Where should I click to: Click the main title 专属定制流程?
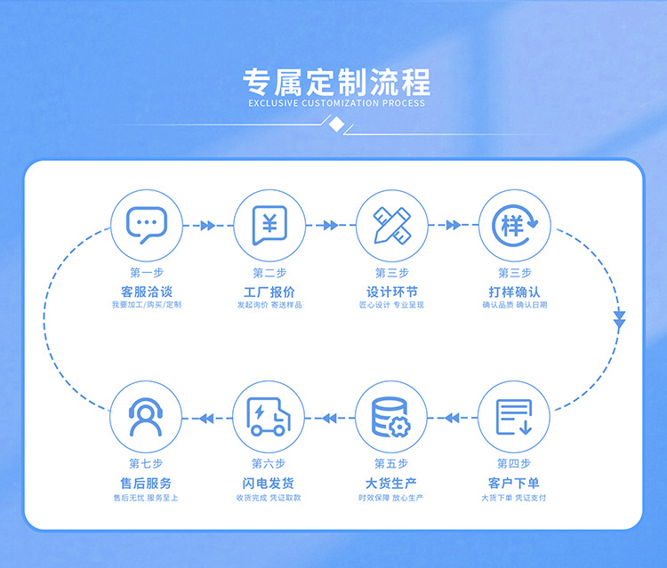point(336,82)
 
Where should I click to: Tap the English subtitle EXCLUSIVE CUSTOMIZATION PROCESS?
point(336,103)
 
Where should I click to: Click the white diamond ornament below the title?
point(337,125)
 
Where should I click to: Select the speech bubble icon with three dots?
point(147,225)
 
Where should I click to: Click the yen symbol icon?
point(269,225)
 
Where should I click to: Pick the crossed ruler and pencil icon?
point(392,225)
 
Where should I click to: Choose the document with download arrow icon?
point(514,417)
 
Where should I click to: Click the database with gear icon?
point(391,417)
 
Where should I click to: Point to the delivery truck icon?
point(269,417)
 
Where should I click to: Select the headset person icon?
point(146,417)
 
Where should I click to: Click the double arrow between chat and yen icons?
point(207,225)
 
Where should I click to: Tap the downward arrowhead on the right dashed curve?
point(619,320)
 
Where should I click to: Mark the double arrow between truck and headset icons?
point(206,419)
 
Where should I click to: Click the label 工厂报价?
point(269,292)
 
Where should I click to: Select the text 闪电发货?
point(268,484)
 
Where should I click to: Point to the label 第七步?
point(146,463)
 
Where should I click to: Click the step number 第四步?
point(514,463)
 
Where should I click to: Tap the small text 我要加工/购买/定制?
point(147,305)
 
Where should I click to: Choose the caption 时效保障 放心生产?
point(391,498)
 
